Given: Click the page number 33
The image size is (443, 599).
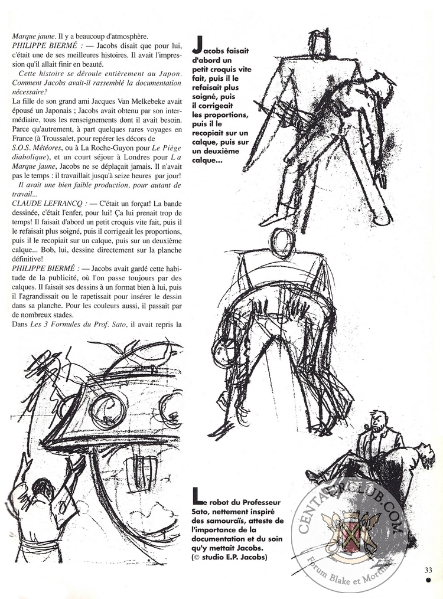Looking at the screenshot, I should (x=429, y=569).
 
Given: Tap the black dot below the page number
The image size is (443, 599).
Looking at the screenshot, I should (x=429, y=580).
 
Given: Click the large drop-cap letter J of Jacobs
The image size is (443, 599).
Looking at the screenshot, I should (x=198, y=45).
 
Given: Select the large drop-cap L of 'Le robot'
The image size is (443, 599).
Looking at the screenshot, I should (x=197, y=495).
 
